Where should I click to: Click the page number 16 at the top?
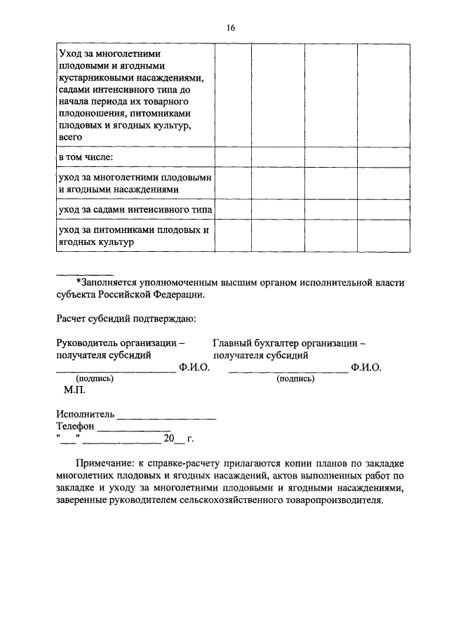click(x=230, y=27)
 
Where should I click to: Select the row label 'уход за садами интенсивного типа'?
click(x=135, y=210)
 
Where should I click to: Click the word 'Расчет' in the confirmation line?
click(x=72, y=319)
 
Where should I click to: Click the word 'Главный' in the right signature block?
click(x=234, y=343)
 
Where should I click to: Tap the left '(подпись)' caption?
click(x=94, y=378)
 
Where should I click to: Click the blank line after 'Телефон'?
click(x=133, y=428)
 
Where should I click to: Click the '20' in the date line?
click(x=168, y=439)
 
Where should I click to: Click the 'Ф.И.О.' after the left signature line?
click(x=194, y=367)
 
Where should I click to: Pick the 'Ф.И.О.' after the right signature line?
click(x=366, y=367)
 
